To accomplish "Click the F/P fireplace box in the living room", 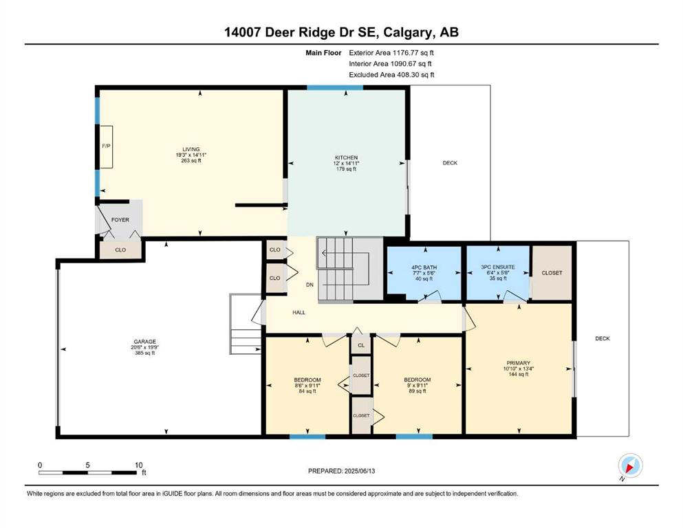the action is pyautogui.click(x=107, y=146).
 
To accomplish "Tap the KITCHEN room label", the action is pyautogui.click(x=346, y=157).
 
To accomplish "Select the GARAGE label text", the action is pyautogui.click(x=144, y=342).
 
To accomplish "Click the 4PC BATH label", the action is pyautogui.click(x=424, y=267).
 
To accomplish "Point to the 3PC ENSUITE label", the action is pyautogui.click(x=498, y=267).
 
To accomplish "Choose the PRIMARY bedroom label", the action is pyautogui.click(x=519, y=363).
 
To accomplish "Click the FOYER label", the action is pyautogui.click(x=120, y=220).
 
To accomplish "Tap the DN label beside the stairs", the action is pyautogui.click(x=310, y=285).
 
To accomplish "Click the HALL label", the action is pyautogui.click(x=299, y=313).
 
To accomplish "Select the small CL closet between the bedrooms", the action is pyautogui.click(x=361, y=344).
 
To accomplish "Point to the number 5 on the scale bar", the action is pyautogui.click(x=87, y=465).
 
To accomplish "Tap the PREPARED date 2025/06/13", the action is pyautogui.click(x=360, y=471).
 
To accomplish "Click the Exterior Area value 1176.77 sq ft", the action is pyautogui.click(x=413, y=53).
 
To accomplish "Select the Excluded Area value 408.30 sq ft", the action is pyautogui.click(x=415, y=75).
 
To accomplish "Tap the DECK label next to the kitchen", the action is pyautogui.click(x=450, y=163).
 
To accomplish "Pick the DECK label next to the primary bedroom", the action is pyautogui.click(x=603, y=338).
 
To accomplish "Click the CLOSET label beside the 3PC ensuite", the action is pyautogui.click(x=552, y=273).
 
